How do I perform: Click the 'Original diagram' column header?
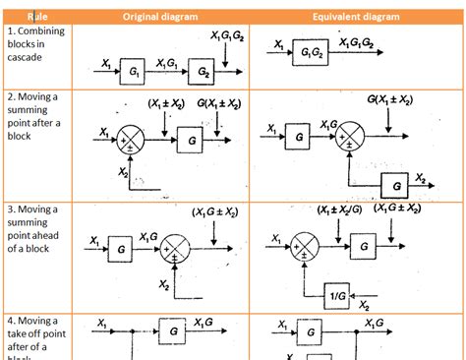[159, 17]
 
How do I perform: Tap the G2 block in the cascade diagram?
[204, 73]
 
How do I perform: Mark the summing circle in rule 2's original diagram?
[131, 138]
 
